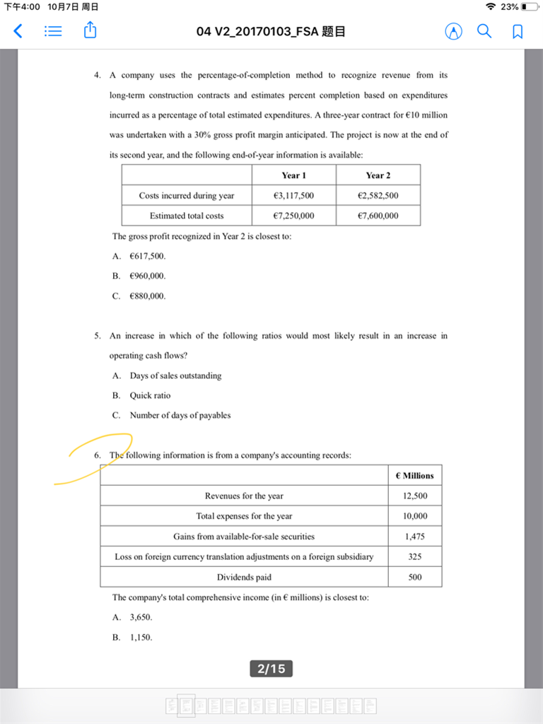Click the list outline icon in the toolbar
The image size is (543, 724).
tap(54, 31)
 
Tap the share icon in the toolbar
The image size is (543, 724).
tap(90, 30)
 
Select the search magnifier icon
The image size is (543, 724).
tap(484, 31)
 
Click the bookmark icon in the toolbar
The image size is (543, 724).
tap(518, 32)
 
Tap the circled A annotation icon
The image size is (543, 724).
tap(453, 32)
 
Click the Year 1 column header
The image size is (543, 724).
tap(293, 175)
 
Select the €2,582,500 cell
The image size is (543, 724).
tap(378, 196)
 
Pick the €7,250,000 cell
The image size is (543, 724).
tap(293, 216)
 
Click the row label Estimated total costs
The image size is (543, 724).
tap(187, 216)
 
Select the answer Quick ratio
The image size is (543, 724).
tap(150, 395)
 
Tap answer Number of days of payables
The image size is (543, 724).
tap(180, 415)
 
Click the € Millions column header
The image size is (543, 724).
tap(415, 476)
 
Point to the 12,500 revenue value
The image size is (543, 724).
tap(415, 496)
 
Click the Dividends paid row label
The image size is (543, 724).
tap(244, 577)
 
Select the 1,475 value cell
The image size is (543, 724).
tap(415, 537)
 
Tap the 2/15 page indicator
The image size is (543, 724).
tap(271, 668)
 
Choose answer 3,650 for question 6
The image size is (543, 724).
tap(141, 617)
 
